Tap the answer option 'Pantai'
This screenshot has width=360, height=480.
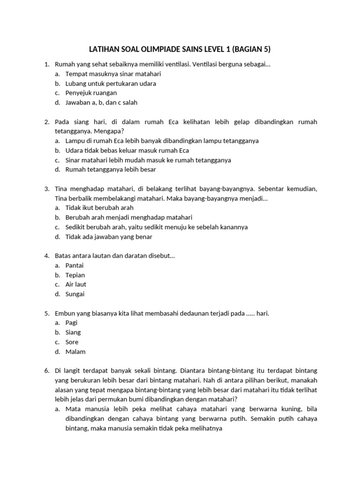(x=75, y=265)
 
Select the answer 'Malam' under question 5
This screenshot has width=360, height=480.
(x=75, y=352)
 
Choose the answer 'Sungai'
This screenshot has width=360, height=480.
(x=75, y=294)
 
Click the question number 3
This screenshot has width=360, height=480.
(x=47, y=189)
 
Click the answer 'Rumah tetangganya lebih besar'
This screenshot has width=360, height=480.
(x=111, y=169)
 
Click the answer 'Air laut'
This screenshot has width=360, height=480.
(x=76, y=284)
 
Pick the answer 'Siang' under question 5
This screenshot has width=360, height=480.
(x=73, y=332)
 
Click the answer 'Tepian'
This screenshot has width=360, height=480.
(x=75, y=275)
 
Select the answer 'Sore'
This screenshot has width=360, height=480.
(x=72, y=342)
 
